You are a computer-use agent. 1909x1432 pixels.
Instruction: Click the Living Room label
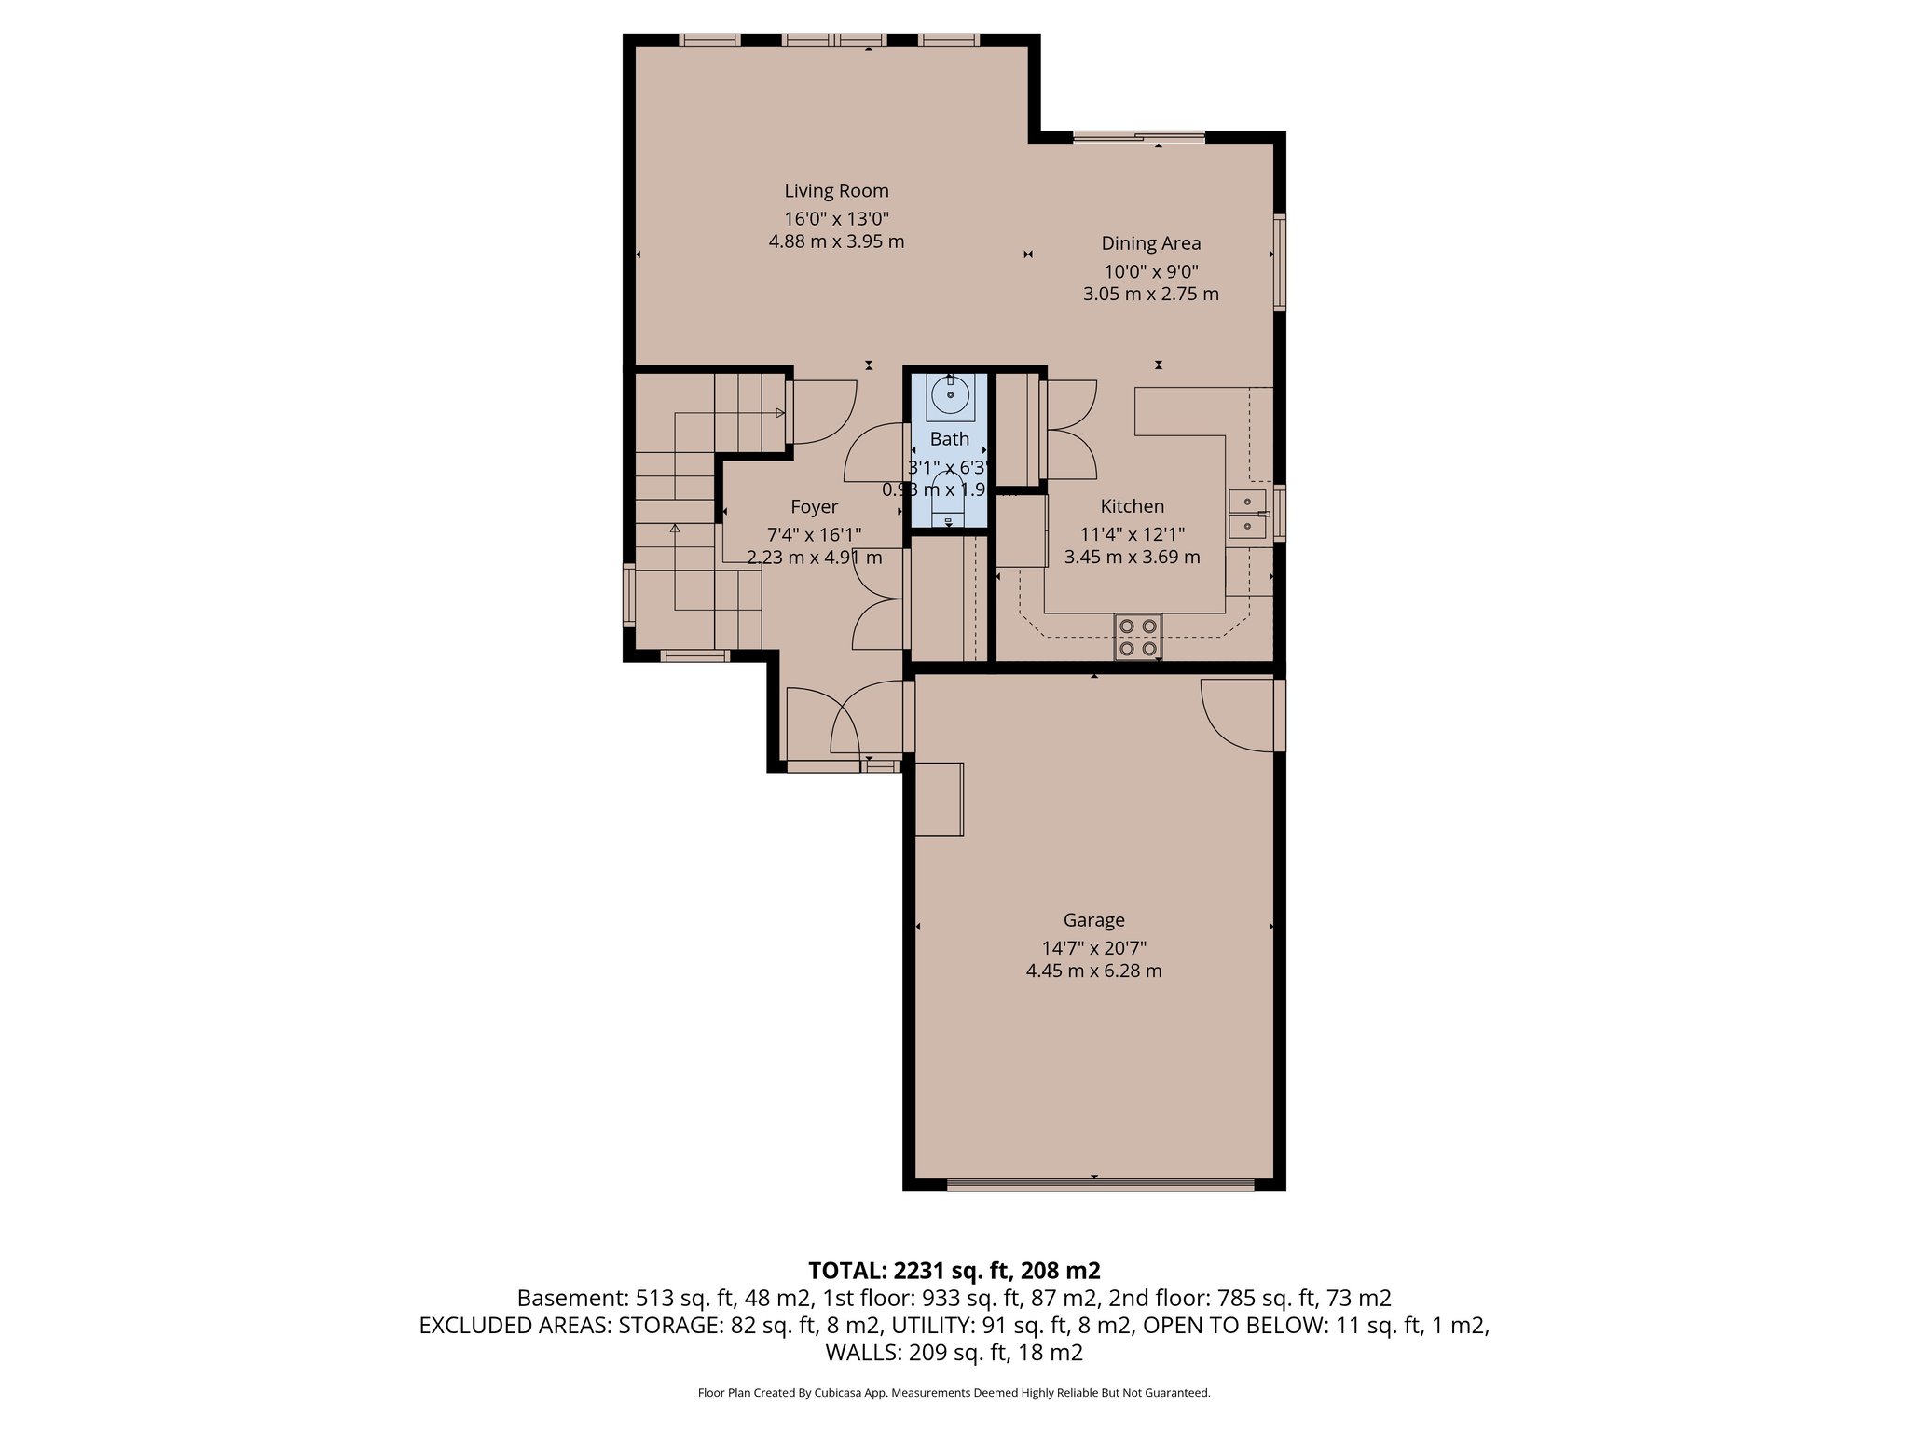pos(836,191)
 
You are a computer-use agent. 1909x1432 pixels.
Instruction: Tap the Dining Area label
pos(1150,243)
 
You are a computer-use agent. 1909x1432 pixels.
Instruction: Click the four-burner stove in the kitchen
pos(1138,638)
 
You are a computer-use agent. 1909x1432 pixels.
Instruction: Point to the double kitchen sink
pos(1247,515)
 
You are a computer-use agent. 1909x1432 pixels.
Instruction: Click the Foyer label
pos(814,507)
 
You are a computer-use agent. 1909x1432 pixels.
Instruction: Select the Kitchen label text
pos(1132,506)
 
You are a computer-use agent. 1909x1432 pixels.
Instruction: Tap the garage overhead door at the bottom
pos(1100,1184)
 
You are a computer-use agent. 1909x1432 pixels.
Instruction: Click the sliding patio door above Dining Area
pos(1138,138)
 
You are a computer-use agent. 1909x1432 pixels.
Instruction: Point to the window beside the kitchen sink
pos(1280,514)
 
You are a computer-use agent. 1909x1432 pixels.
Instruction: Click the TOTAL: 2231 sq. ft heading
pos(954,1270)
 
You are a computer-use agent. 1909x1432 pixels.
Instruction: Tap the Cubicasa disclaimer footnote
pos(954,1393)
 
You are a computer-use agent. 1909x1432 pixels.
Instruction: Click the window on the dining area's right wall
pos(1280,262)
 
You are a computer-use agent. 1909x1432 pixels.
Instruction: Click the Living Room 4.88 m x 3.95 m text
pos(836,242)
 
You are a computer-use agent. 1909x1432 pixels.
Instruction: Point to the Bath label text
pos(949,439)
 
